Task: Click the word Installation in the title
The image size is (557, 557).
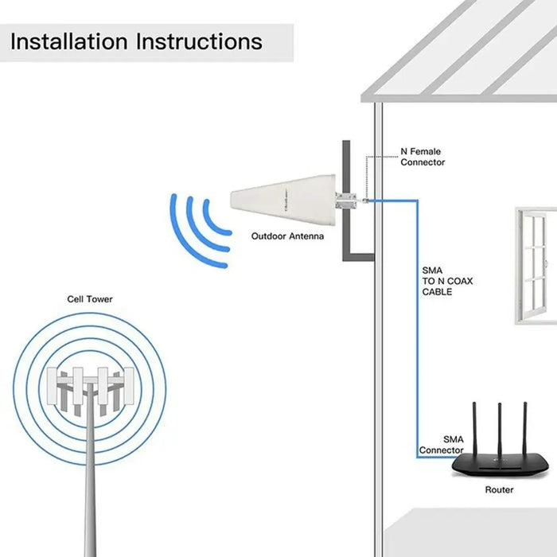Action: pos(70,41)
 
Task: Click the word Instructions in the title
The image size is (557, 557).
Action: pos(200,41)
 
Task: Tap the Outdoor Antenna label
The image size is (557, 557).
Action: pos(287,236)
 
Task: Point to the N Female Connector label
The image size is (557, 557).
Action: pos(422,157)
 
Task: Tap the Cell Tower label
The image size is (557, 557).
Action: pos(89,299)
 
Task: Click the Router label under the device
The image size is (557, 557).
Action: pos(499,490)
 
